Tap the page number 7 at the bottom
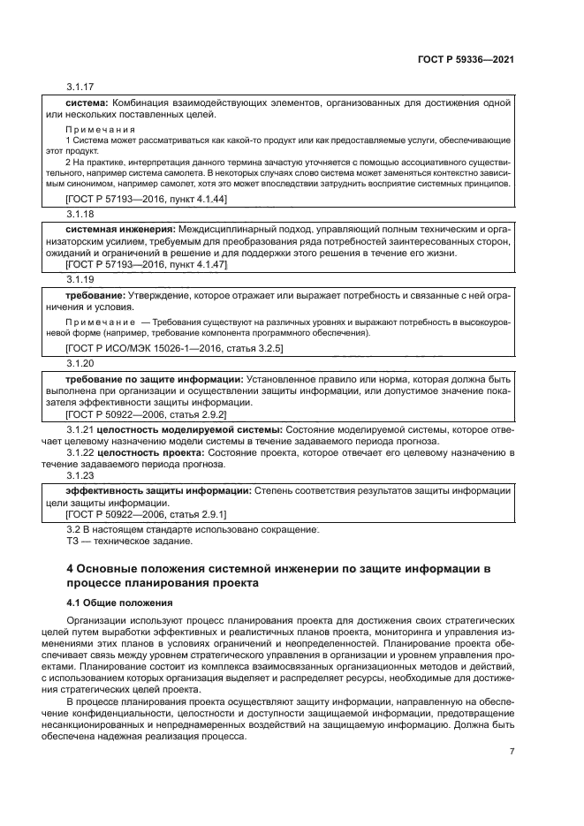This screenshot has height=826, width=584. pos(512,752)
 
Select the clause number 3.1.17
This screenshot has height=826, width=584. pos(80,87)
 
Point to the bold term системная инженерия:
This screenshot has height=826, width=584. pos(116,228)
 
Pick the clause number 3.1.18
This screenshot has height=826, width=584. pos(80,214)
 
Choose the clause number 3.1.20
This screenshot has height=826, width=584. pos(80,363)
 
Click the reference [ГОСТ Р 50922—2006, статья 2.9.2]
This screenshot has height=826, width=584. pos(147,413)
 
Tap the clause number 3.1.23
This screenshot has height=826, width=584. pos(80,475)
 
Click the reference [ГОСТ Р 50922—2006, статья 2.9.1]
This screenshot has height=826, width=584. pos(147,514)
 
